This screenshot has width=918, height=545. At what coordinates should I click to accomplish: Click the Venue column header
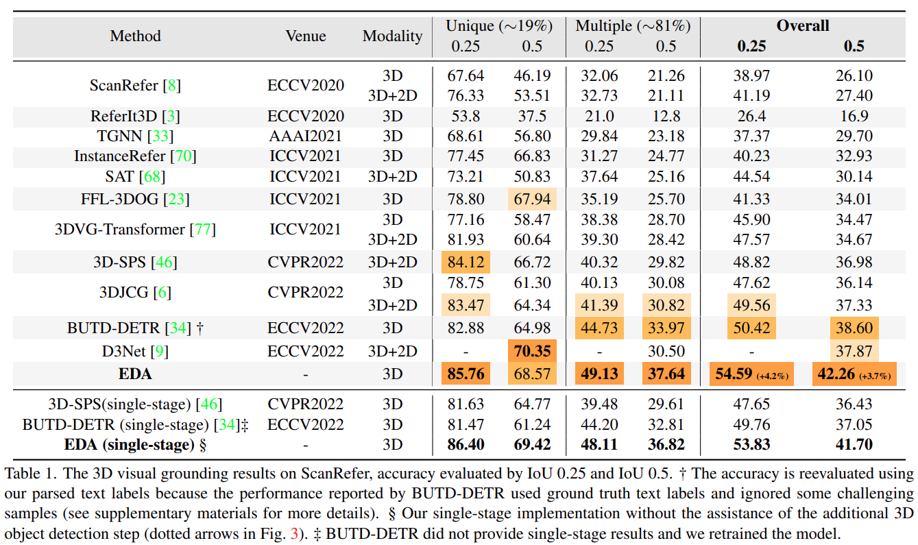pyautogui.click(x=306, y=36)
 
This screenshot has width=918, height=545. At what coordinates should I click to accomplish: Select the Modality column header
pyautogui.click(x=392, y=36)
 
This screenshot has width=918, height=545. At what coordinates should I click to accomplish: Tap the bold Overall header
pyautogui.click(x=802, y=25)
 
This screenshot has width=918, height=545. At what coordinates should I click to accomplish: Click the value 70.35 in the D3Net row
pyautogui.click(x=532, y=351)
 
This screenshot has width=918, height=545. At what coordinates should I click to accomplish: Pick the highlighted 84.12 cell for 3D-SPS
pyautogui.click(x=466, y=262)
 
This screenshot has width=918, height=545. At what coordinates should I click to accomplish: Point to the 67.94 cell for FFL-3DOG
pyautogui.click(x=532, y=199)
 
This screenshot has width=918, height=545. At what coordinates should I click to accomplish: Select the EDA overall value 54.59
pyautogui.click(x=734, y=374)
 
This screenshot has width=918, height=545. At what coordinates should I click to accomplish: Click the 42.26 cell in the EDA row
pyautogui.click(x=836, y=374)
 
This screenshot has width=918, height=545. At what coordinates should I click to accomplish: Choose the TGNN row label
pyautogui.click(x=135, y=136)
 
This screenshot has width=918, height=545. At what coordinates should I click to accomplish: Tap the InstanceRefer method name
pyautogui.click(x=120, y=156)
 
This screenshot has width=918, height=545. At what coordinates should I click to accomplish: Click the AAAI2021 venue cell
pyautogui.click(x=305, y=136)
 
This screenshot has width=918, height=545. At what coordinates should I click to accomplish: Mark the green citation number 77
pyautogui.click(x=203, y=230)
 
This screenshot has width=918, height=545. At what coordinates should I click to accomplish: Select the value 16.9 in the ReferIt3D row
pyautogui.click(x=854, y=116)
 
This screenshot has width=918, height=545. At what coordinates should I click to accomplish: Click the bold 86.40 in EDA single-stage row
pyautogui.click(x=466, y=445)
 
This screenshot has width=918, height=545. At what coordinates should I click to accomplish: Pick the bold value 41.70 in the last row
pyautogui.click(x=854, y=445)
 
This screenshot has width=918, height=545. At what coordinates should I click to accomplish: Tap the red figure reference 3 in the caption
pyautogui.click(x=294, y=533)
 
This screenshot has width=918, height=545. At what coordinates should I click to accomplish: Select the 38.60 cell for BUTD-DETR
pyautogui.click(x=854, y=328)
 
